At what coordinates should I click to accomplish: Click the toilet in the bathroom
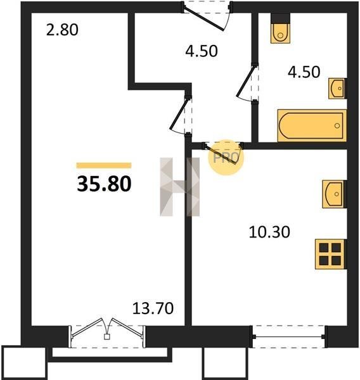point(280,30)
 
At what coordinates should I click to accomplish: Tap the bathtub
point(312,125)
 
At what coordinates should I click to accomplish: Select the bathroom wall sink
point(337,89)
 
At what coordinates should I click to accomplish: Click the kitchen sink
point(334,194)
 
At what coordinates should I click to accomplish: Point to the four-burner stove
point(330,254)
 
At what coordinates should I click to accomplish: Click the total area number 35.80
point(104,184)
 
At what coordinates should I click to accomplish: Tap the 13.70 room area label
point(153,308)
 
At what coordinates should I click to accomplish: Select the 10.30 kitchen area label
point(269,232)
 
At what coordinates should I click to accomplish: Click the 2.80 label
point(62,30)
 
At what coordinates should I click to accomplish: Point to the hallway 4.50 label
point(202,51)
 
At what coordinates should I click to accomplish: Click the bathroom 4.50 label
point(304,72)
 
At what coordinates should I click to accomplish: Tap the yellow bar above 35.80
point(104,165)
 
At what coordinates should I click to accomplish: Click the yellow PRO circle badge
point(226,158)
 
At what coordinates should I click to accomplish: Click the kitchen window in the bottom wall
point(288,337)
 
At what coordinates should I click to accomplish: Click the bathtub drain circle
point(337,125)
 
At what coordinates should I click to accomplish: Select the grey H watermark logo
point(180,187)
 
